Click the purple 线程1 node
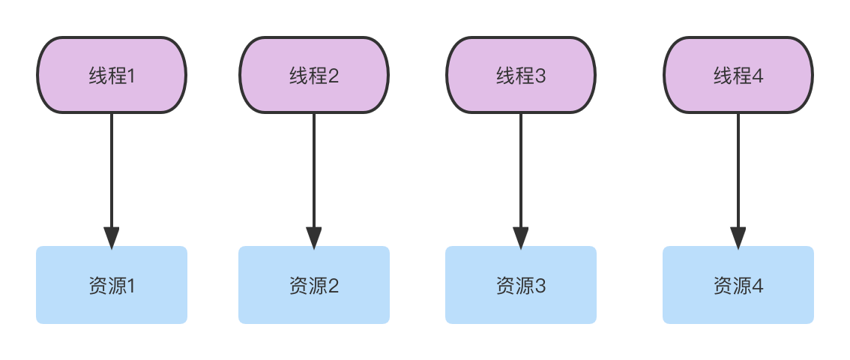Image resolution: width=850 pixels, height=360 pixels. coord(112,75)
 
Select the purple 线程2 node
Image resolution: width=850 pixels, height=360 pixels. coord(314,75)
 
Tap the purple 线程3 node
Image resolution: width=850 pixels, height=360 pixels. coord(521,75)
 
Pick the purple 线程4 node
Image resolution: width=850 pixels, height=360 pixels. coord(738,75)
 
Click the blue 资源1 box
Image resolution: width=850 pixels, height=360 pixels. coord(112,285)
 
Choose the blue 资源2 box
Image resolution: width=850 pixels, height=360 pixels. coord(314,285)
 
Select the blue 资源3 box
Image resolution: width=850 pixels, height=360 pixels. coord(521,285)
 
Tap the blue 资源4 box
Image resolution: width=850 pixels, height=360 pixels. coord(738,285)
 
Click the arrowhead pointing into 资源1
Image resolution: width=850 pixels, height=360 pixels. coord(112,237)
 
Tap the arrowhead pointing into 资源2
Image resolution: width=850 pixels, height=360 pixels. coord(314,237)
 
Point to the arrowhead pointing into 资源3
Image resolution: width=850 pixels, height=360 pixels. coord(521,237)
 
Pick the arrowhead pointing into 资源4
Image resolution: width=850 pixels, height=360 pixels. coord(738,237)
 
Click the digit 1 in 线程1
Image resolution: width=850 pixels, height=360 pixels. coord(130,76)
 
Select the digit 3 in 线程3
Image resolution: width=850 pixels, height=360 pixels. coord(540,76)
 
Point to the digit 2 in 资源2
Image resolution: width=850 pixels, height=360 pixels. coord(334,286)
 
